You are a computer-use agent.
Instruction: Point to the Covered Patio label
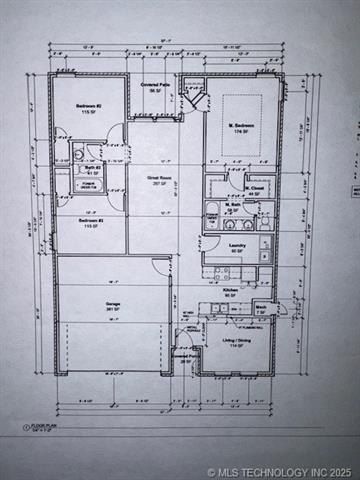(155, 87)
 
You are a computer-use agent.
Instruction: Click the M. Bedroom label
(240, 127)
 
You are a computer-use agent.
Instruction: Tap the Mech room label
(261, 308)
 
